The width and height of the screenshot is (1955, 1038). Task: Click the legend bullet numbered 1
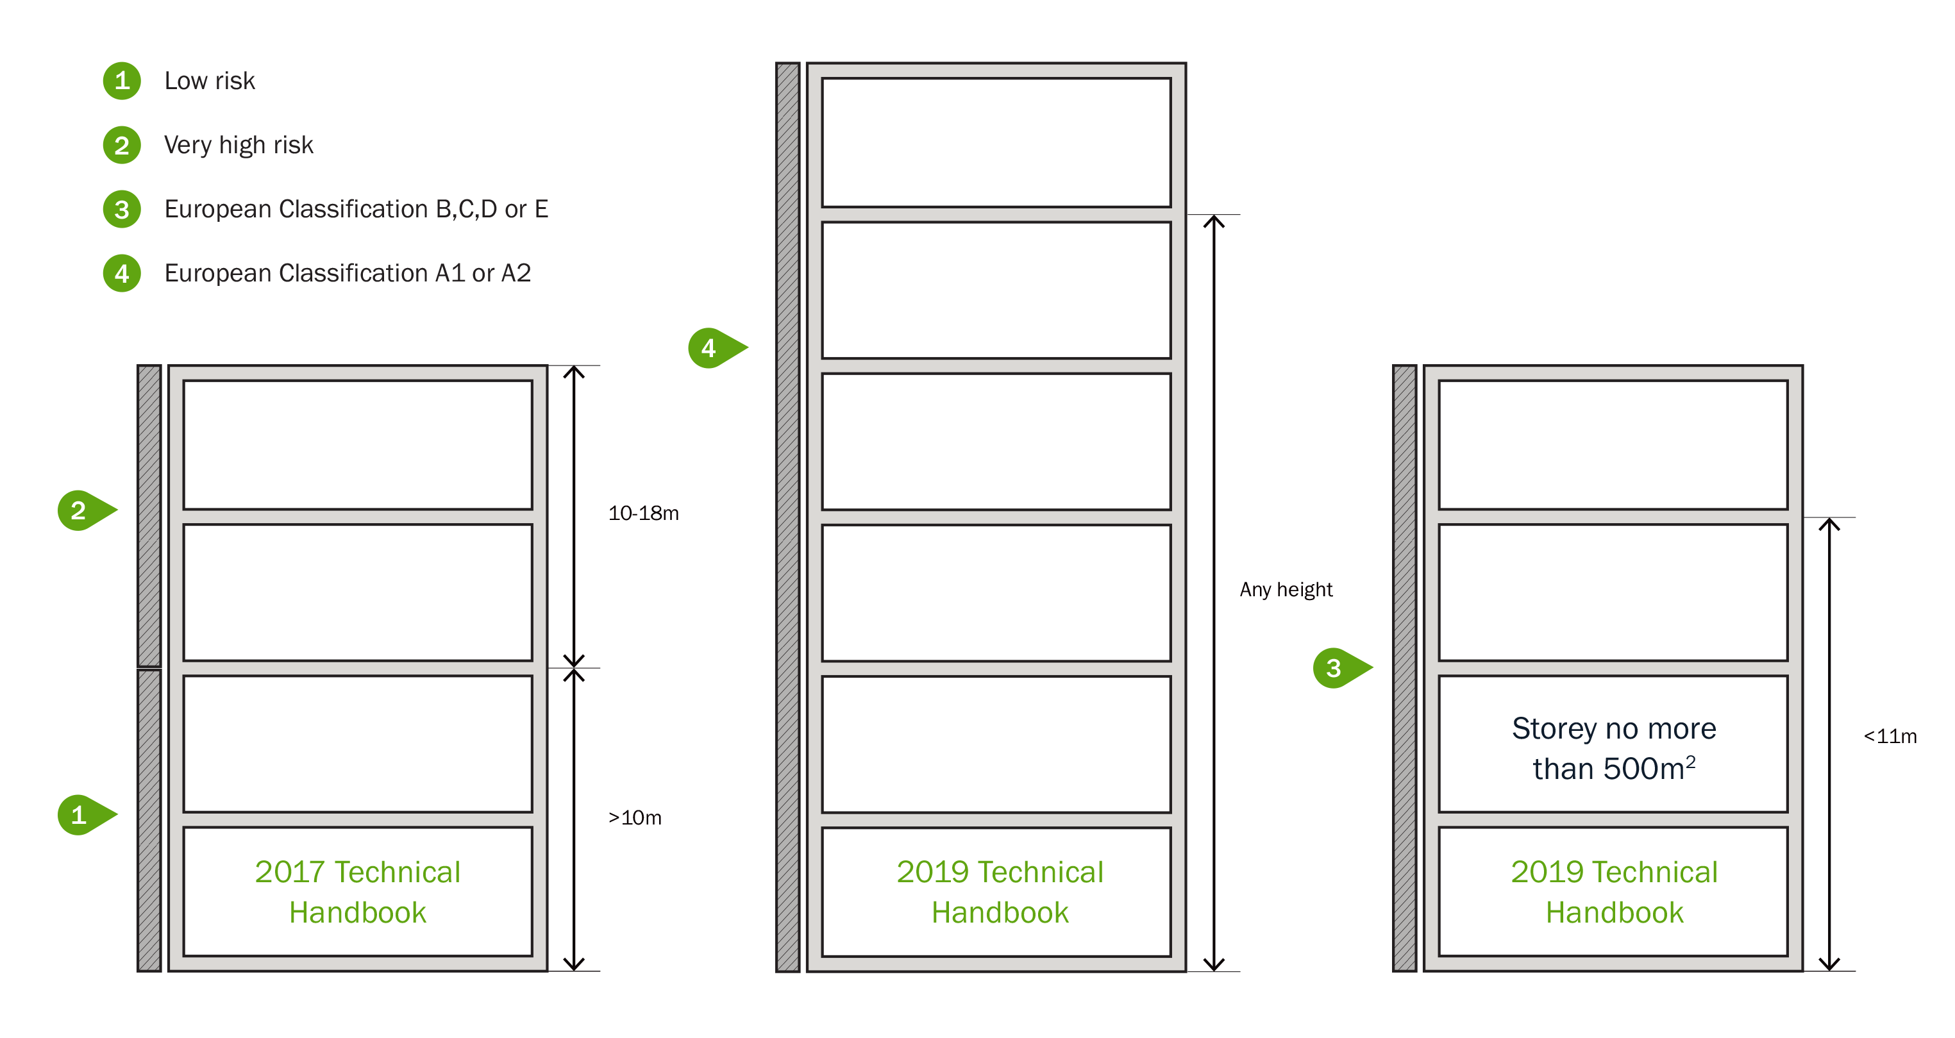[x=121, y=80]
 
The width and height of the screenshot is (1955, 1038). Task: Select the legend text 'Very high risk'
[x=239, y=145]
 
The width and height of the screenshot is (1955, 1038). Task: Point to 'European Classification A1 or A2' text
[x=348, y=273]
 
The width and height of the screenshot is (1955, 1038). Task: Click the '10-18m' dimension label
[x=644, y=514]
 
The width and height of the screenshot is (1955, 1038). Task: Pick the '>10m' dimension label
[x=635, y=818]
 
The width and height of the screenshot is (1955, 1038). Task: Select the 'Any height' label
[x=1286, y=590]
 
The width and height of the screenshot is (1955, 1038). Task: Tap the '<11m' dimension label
[x=1890, y=737]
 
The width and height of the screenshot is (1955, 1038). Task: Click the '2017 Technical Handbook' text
[x=357, y=892]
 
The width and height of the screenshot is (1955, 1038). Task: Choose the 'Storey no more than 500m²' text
[x=1613, y=749]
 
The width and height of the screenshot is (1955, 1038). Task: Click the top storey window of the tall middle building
[x=996, y=142]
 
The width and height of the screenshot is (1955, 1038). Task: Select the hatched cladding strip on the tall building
[x=788, y=517]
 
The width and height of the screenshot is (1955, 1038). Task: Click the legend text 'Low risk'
[x=210, y=80]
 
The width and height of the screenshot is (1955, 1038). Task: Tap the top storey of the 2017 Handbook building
[x=357, y=446]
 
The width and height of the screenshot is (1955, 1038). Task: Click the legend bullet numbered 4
[x=121, y=273]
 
